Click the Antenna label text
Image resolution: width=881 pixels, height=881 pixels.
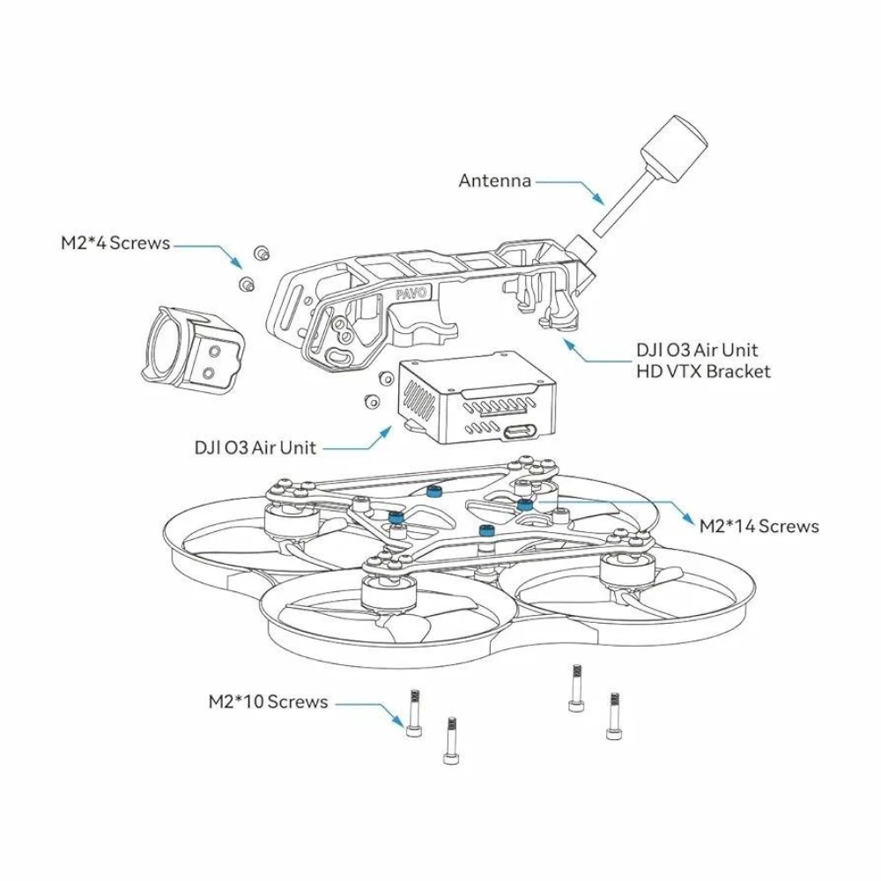tap(494, 181)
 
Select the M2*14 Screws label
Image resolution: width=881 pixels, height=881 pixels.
tap(759, 526)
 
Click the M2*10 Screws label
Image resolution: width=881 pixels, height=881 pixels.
tap(268, 702)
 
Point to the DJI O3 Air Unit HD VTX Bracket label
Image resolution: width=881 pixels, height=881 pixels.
tap(702, 360)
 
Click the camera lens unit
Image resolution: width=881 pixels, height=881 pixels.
tap(189, 350)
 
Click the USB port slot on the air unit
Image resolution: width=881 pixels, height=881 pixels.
tap(517, 433)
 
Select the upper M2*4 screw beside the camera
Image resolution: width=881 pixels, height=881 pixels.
tap(261, 254)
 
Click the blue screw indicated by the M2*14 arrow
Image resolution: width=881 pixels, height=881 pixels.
tap(525, 504)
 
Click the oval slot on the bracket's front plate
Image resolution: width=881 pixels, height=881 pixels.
tap(339, 357)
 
